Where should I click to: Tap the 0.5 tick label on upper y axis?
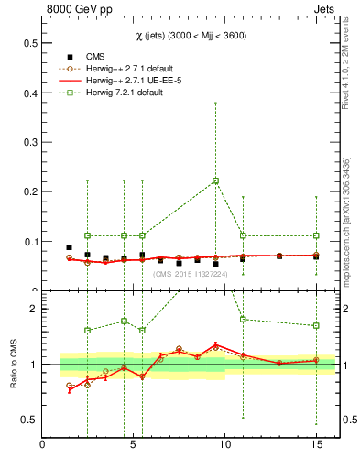29,43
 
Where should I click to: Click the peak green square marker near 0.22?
215,180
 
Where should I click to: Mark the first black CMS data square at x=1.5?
70,247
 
